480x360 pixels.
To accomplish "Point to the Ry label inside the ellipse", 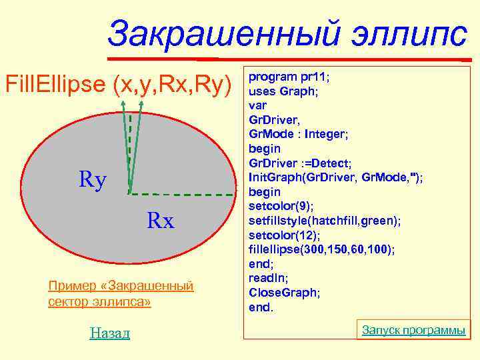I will (x=93, y=179).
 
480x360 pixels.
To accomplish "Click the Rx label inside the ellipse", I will (x=160, y=221).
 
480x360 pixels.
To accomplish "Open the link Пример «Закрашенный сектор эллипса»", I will (x=121, y=294).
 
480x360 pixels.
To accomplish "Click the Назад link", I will (x=109, y=333).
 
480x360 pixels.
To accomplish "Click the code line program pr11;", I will (x=289, y=76).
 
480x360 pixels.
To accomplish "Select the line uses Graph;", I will (x=283, y=91).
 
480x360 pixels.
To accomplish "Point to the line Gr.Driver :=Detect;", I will (x=300, y=163).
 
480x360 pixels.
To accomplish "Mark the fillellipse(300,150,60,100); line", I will (x=321, y=249).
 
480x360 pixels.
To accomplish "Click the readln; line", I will (x=268, y=278).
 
